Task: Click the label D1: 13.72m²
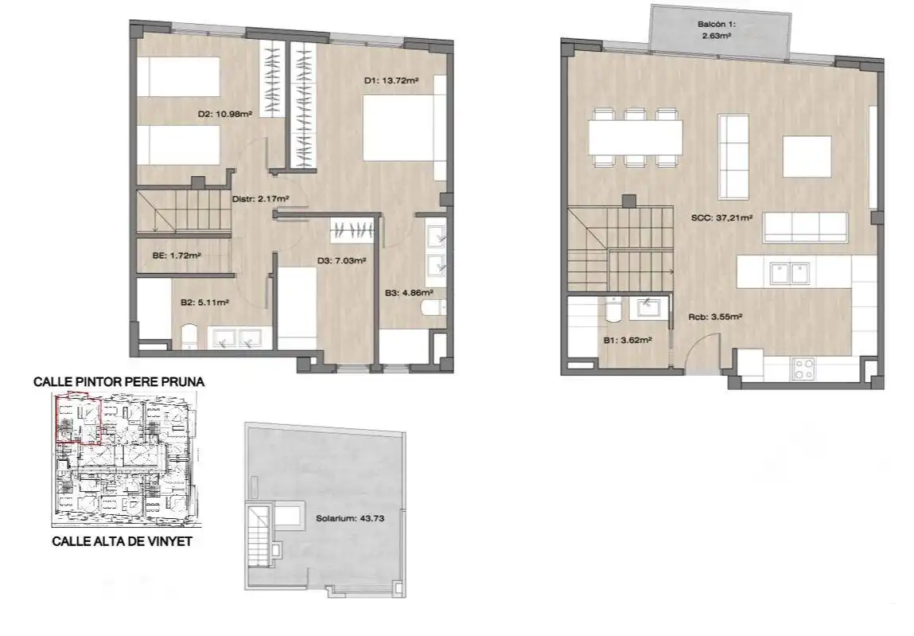[x=391, y=80]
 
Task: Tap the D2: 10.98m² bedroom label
[x=225, y=115]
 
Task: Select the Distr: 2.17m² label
[x=261, y=199]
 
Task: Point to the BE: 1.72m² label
[x=177, y=255]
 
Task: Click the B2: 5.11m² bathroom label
[x=204, y=302]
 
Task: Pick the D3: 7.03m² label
[x=341, y=261]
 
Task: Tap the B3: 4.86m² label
[x=409, y=292]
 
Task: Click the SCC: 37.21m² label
[x=721, y=217]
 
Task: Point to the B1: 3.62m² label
[x=628, y=340]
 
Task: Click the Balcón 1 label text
[x=717, y=25]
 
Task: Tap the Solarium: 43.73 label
[x=350, y=518]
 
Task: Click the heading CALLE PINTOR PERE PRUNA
[x=119, y=382]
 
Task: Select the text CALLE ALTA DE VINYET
[x=122, y=541]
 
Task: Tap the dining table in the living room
[x=636, y=137]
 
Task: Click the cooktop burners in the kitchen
[x=804, y=369]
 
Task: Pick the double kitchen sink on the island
[x=790, y=272]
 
